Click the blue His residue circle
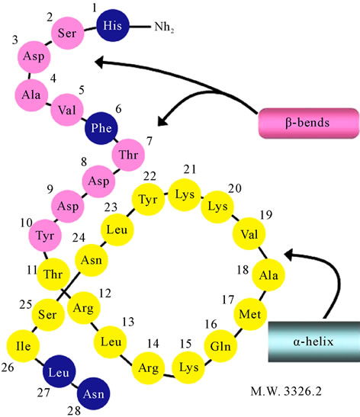point(113,25)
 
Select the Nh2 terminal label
point(164,27)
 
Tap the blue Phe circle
point(101,128)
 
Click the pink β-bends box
point(309,123)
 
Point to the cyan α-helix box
point(314,342)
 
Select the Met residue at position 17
point(250,314)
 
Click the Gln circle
point(220,346)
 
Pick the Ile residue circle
point(23,346)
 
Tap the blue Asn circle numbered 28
point(93,393)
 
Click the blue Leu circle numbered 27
point(59,371)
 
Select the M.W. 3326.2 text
point(286,391)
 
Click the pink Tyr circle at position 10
point(45,236)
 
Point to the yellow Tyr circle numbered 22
point(148,200)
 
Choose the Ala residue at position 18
point(268,274)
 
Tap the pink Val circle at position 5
point(67,110)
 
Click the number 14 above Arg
point(153,344)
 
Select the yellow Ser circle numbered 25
point(48,315)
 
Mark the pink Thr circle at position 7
point(128,155)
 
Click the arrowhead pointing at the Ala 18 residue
point(289,254)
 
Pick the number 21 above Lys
point(190,169)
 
